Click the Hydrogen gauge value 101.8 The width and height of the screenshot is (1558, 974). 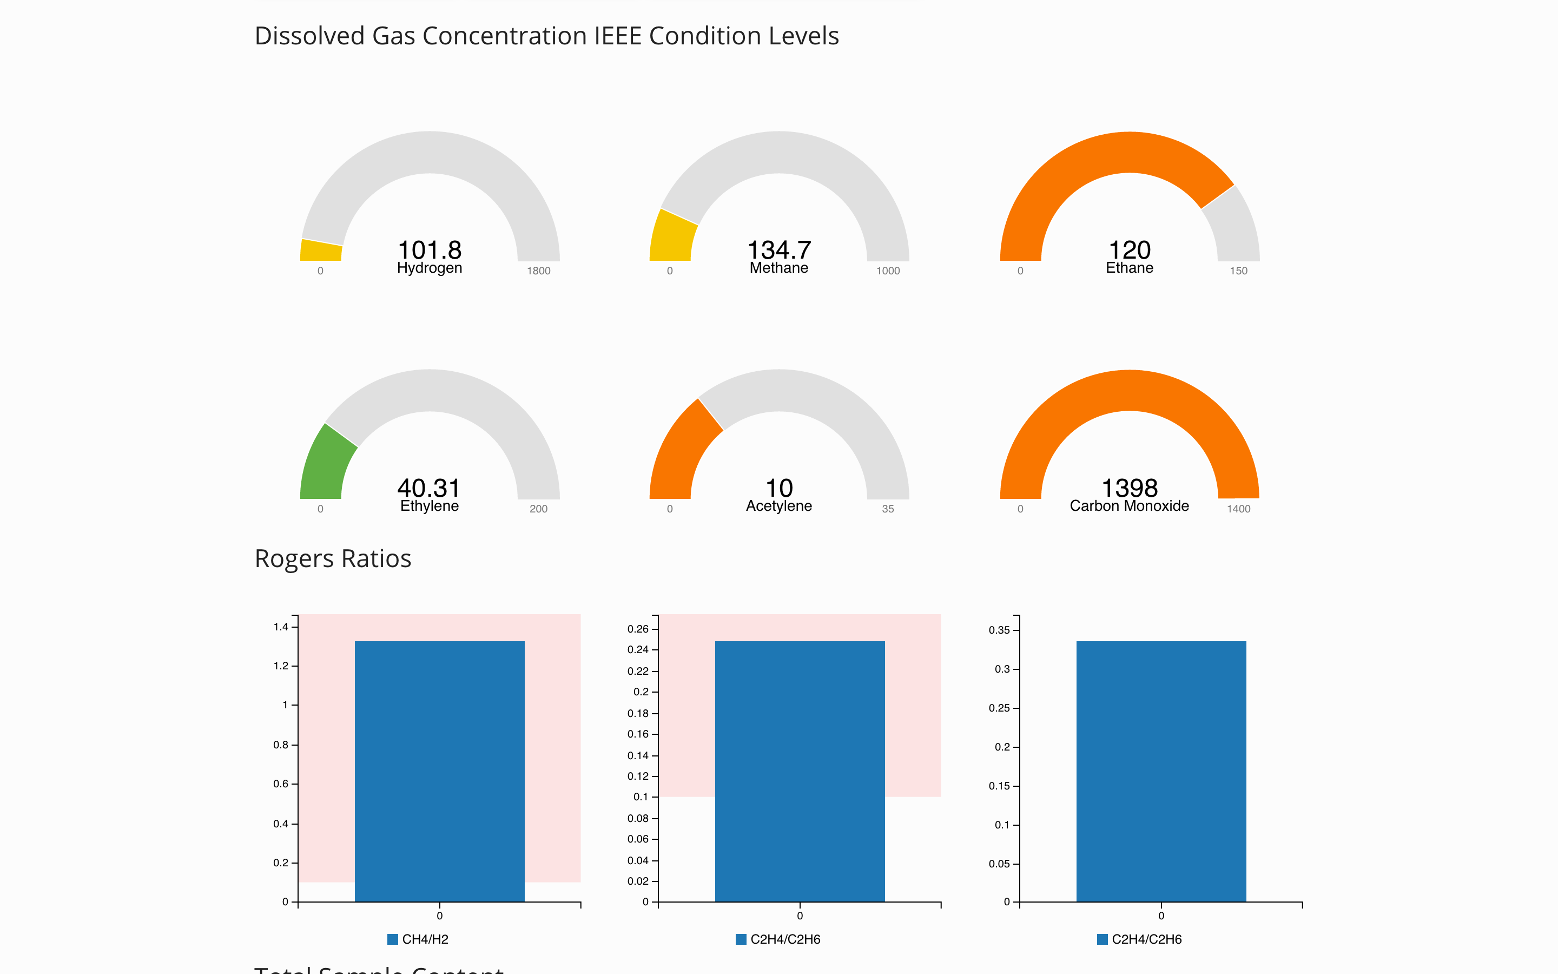[x=430, y=250]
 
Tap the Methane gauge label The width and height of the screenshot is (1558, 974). [x=778, y=268]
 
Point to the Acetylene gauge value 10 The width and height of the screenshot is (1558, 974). [x=779, y=488]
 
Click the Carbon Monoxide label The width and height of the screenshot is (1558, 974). [x=1129, y=506]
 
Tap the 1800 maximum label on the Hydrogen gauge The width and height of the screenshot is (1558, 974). [x=538, y=271]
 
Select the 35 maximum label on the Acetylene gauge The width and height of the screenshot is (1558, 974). [x=888, y=509]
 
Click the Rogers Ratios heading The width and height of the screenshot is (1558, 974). [x=333, y=558]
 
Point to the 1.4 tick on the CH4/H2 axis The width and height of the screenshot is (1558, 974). [x=281, y=627]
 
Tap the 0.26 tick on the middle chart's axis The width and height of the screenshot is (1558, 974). [x=638, y=629]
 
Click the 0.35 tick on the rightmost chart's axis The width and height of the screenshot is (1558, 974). [x=999, y=630]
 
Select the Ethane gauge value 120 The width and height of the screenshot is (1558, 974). [x=1129, y=250]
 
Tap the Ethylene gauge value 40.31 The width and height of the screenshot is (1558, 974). [x=429, y=488]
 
